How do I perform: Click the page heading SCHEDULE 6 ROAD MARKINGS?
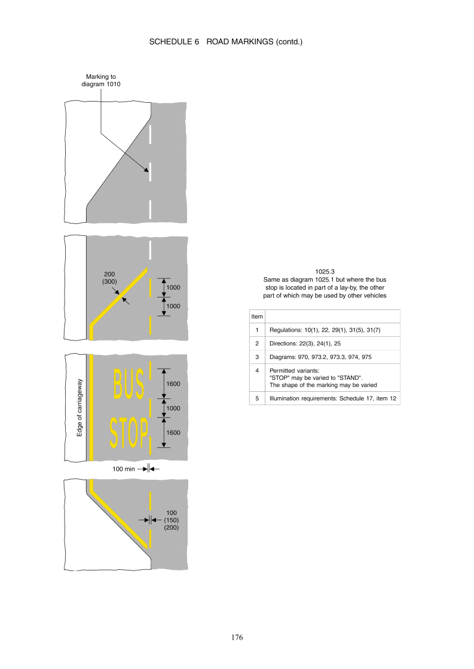point(225,42)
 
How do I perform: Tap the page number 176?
point(237,637)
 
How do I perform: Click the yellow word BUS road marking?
point(129,385)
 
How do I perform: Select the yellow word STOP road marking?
point(129,432)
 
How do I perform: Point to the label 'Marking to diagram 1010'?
point(101,81)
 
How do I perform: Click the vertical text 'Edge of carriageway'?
point(79,407)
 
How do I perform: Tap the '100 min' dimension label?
point(123,469)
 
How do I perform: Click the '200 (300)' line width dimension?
point(109,278)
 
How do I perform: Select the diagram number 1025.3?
point(325,272)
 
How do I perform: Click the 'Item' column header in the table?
point(257,317)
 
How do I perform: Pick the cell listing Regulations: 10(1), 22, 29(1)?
point(325,330)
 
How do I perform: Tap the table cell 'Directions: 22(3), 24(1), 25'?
point(305,343)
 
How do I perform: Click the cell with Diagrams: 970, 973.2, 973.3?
point(320,357)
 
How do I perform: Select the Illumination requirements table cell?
point(333,398)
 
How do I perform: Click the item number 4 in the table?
point(257,371)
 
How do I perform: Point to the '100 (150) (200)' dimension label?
point(171,520)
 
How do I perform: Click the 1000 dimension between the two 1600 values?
point(173,409)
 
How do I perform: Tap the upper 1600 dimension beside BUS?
point(173,384)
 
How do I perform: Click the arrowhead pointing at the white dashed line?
point(146,170)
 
